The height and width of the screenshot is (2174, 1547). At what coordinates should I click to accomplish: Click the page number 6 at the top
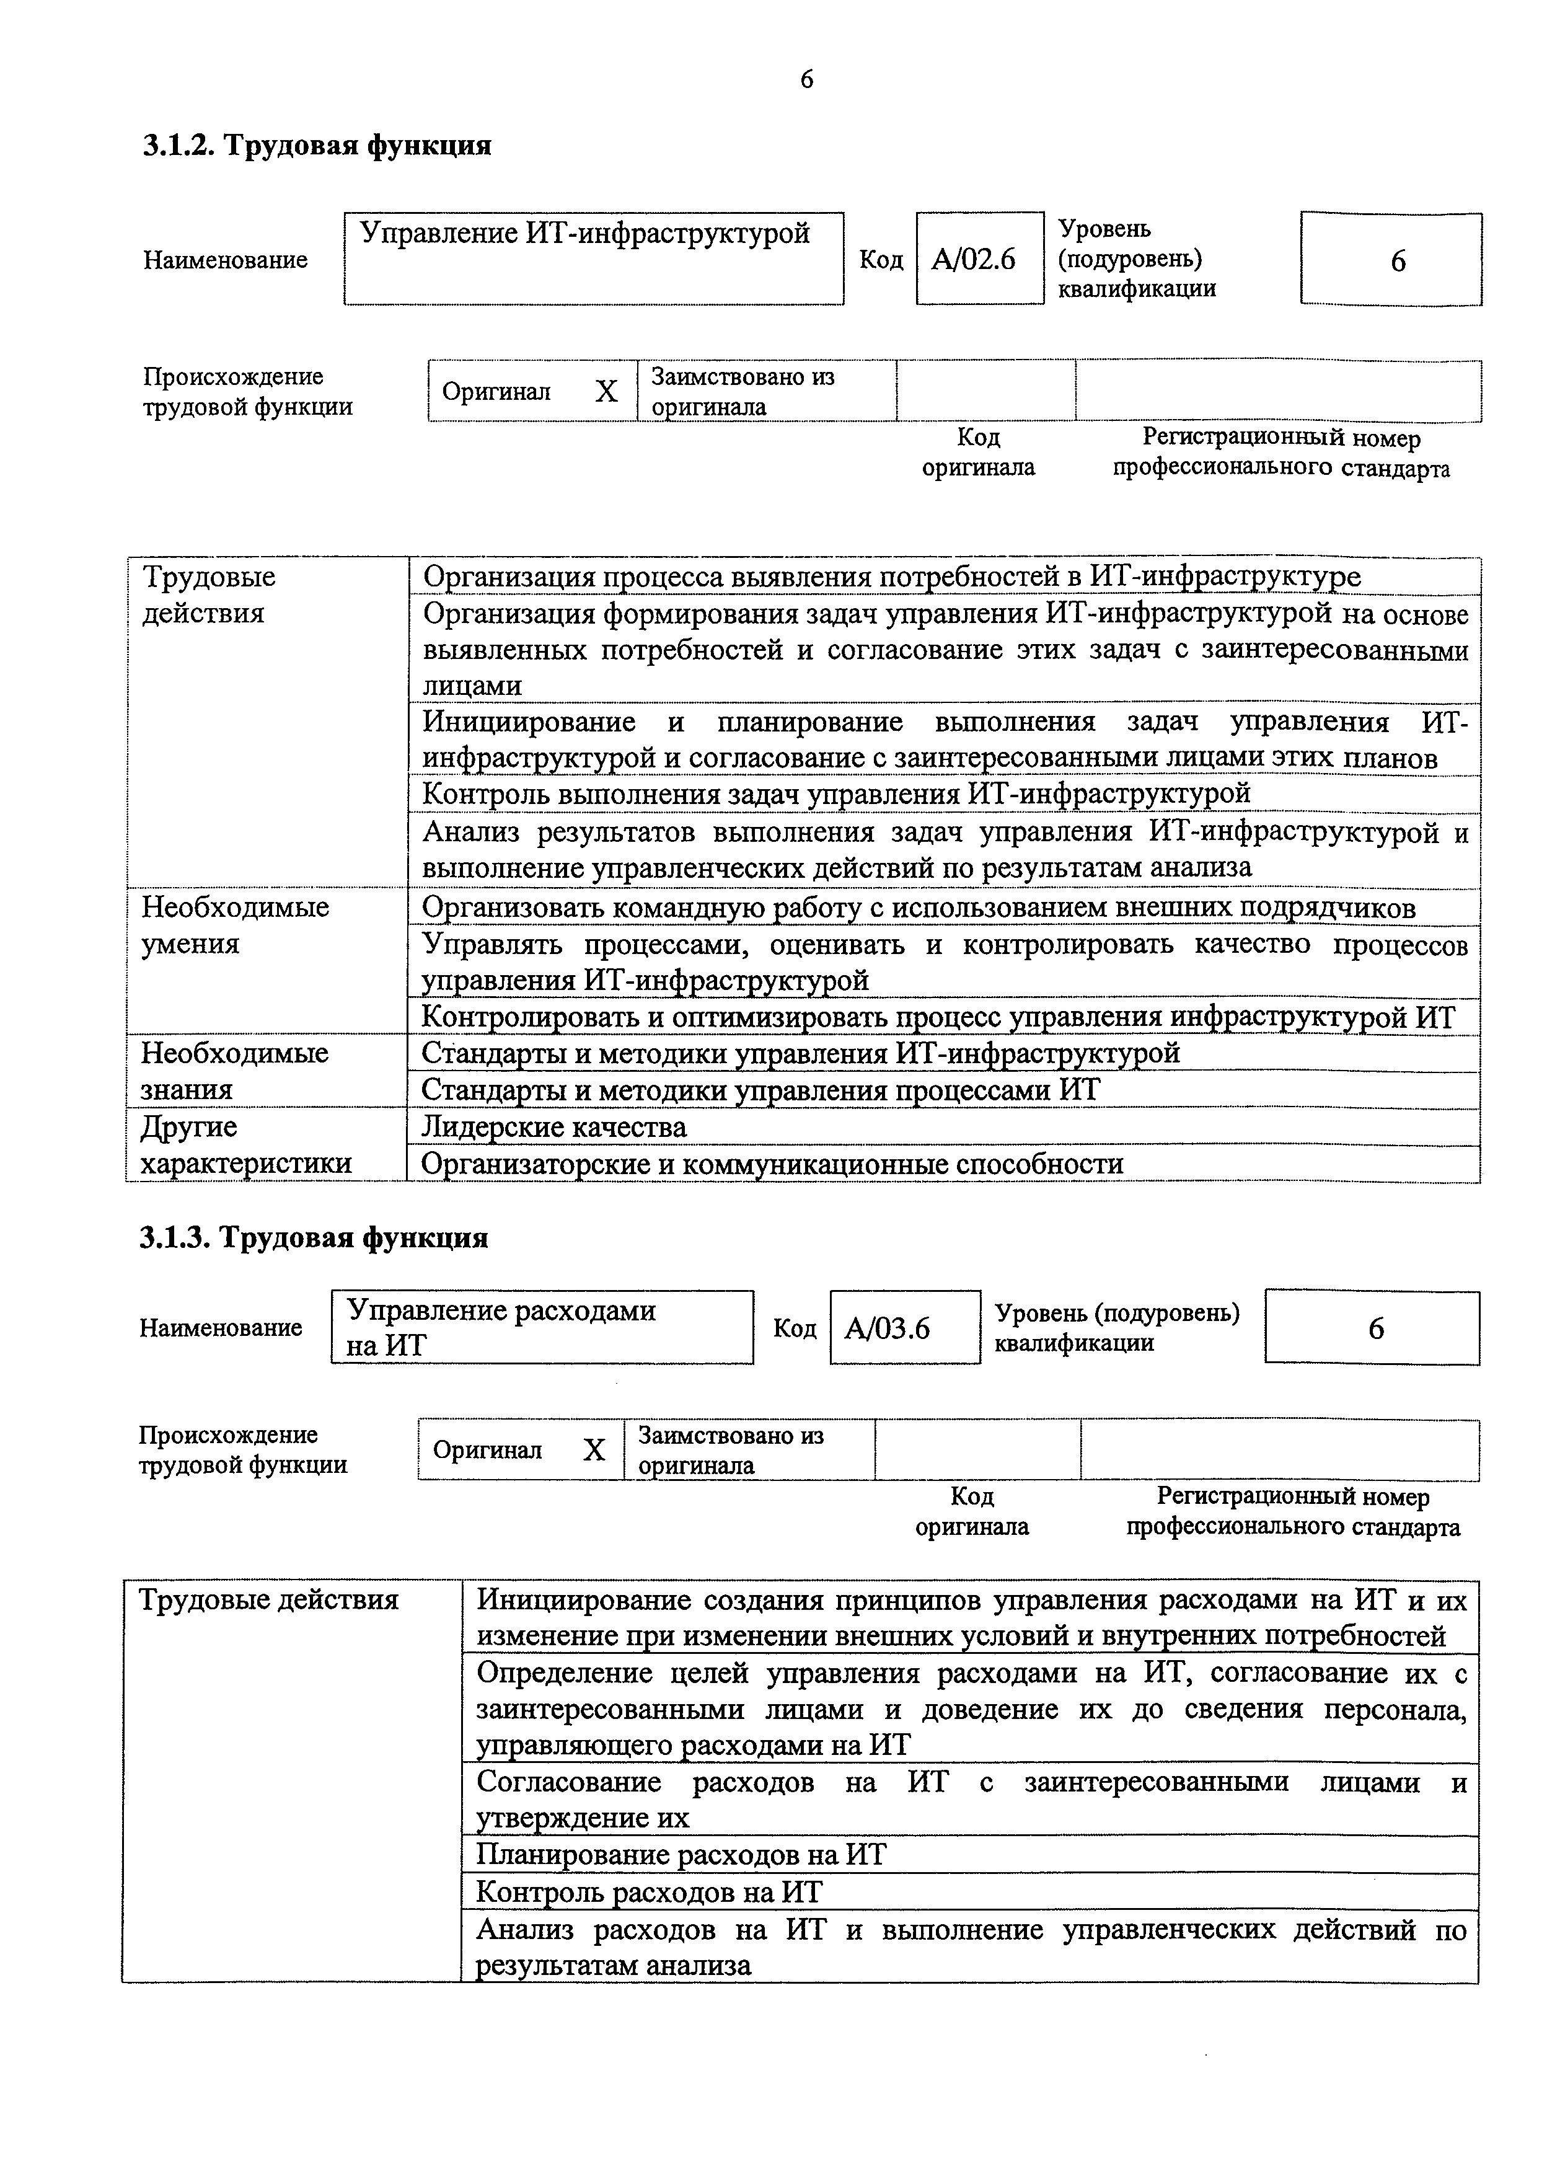coord(806,80)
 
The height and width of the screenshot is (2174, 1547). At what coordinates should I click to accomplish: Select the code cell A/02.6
coord(974,259)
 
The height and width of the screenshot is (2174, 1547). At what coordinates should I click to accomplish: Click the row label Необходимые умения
coord(236,925)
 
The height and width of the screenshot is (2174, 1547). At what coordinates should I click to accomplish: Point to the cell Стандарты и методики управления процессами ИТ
coord(760,1090)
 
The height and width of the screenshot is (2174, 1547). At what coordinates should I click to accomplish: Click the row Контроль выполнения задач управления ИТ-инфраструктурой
coord(835,793)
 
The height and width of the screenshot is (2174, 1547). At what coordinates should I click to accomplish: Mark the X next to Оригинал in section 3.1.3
coord(594,1450)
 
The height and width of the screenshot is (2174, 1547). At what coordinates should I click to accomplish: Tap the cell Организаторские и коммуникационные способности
coord(772,1164)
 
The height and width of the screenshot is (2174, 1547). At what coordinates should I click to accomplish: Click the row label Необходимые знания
coord(234,1071)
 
